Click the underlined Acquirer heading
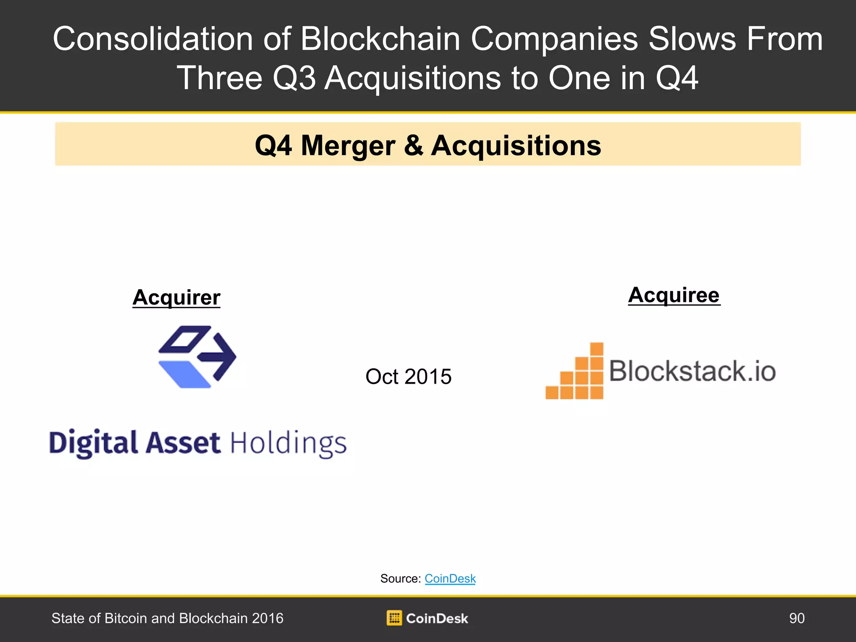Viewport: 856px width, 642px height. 176,298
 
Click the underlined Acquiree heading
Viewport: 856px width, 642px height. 674,296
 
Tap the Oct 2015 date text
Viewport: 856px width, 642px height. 408,376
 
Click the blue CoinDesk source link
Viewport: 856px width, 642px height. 450,578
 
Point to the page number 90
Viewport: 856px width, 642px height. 797,618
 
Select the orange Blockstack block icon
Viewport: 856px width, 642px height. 575,371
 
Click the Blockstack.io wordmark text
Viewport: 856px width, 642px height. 693,371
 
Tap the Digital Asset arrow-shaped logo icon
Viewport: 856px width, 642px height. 197,357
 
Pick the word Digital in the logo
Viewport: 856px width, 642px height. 93,443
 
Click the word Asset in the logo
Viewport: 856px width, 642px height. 183,443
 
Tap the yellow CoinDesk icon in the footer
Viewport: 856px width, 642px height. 394,618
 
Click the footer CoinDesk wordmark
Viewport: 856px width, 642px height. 437,619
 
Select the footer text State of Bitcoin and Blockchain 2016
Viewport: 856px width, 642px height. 167,618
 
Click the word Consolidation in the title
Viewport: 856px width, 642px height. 153,39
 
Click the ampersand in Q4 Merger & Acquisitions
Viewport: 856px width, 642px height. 413,145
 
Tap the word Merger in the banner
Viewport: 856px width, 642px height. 348,146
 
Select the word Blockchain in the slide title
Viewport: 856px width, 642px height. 380,39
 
